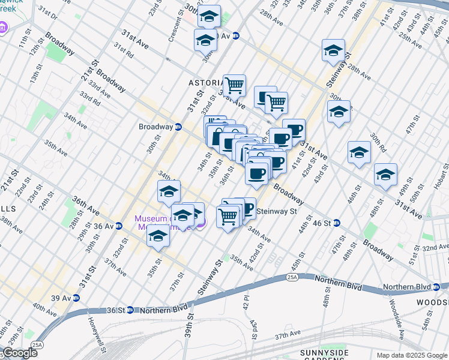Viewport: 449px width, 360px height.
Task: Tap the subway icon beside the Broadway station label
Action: (178, 127)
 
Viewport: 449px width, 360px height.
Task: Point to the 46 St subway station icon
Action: (337, 223)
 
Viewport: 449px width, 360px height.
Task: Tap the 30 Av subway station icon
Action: (237, 36)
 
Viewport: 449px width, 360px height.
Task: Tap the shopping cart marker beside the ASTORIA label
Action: (234, 85)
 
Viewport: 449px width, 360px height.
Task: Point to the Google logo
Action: (20, 353)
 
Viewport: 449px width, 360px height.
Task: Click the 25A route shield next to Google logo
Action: (37, 344)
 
